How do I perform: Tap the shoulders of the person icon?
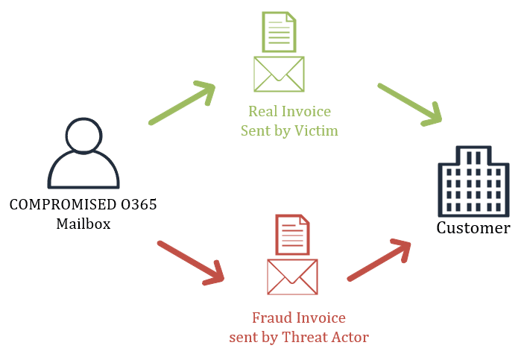tap(83, 173)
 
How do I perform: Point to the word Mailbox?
tap(83, 223)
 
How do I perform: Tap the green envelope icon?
tap(279, 74)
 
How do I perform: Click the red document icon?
tap(292, 234)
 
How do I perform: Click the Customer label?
tap(473, 228)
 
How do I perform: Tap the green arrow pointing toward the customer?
tap(410, 104)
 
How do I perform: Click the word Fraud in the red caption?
tap(271, 318)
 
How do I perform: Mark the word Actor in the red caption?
tap(350, 337)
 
